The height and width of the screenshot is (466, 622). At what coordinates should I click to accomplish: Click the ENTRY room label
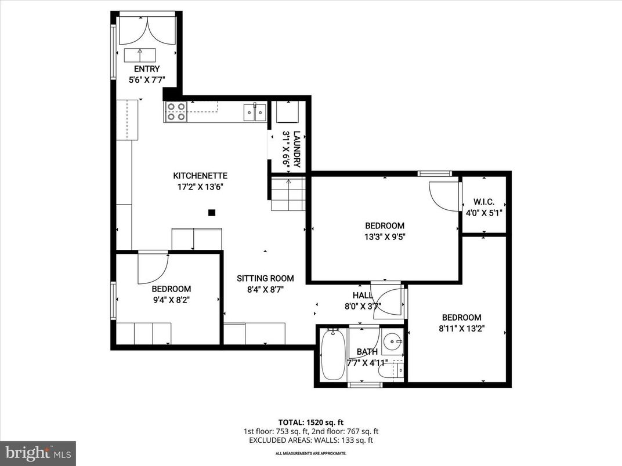[146, 69]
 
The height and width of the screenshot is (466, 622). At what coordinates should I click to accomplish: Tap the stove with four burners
[175, 111]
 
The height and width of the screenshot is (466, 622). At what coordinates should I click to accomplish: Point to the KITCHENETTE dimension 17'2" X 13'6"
[200, 187]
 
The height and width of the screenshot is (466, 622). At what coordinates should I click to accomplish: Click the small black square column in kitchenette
[212, 213]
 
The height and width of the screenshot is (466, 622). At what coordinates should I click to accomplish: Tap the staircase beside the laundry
[288, 194]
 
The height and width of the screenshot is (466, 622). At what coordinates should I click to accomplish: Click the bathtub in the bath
[333, 354]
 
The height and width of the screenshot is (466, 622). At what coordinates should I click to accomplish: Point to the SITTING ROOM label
[265, 278]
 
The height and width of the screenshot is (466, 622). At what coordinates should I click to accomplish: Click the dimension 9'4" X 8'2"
[171, 300]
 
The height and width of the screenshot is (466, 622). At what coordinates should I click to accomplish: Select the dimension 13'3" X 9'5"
[384, 236]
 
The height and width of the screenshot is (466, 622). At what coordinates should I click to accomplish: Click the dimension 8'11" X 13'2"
[461, 328]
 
